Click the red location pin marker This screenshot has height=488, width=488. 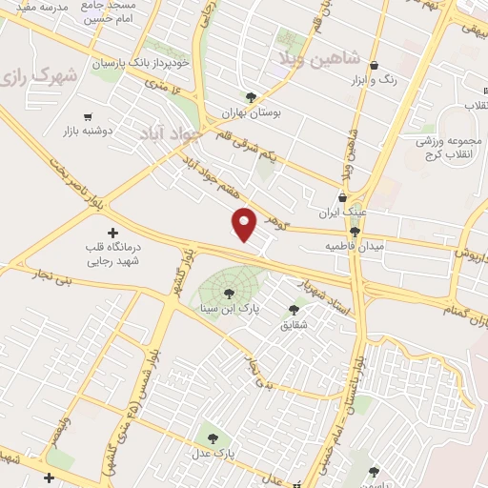point(245,223)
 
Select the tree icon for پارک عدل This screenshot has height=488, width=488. point(213,439)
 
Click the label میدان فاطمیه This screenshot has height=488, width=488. point(354,246)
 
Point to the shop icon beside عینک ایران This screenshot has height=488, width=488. point(341,197)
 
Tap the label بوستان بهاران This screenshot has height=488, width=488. point(251,112)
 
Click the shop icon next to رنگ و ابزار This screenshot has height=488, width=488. point(373,66)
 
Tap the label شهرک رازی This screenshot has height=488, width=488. point(38,75)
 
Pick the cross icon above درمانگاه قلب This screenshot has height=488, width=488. point(112,232)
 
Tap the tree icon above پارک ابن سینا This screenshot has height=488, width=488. point(227,293)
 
